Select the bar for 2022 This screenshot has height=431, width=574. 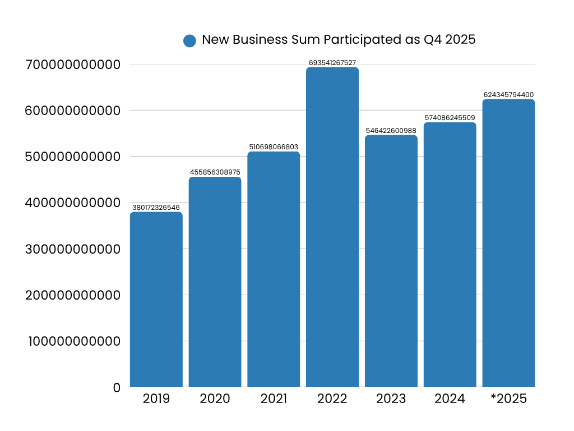pos(332,227)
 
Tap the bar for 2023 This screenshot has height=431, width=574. pos(391,261)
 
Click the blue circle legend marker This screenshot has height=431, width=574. pos(189,40)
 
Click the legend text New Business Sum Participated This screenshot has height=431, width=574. pos(339,40)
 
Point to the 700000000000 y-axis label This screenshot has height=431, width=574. pos(73,65)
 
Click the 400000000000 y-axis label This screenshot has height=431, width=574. pos(73,203)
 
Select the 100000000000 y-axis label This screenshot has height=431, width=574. pos(75,341)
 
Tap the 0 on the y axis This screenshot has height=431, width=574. pos(117,388)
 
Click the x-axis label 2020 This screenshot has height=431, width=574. pos(215,399)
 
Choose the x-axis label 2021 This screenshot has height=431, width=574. pos(274,399)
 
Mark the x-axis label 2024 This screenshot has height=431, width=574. pos(450,399)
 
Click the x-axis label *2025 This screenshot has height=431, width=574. pos(508,399)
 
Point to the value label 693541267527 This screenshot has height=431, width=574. pos(332,62)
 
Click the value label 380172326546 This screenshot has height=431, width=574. pos(156,208)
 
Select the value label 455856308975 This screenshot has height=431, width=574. pos(215,172)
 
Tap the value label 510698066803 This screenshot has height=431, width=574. pos(274,147)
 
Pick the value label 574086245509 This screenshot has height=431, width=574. pos(450,118)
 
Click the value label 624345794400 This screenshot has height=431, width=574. pos(508,95)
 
